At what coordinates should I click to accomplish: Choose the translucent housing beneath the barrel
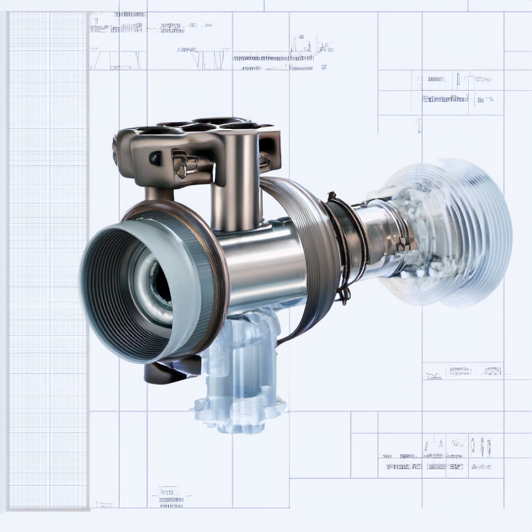point(239,360)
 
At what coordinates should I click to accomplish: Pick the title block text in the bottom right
point(436,461)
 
